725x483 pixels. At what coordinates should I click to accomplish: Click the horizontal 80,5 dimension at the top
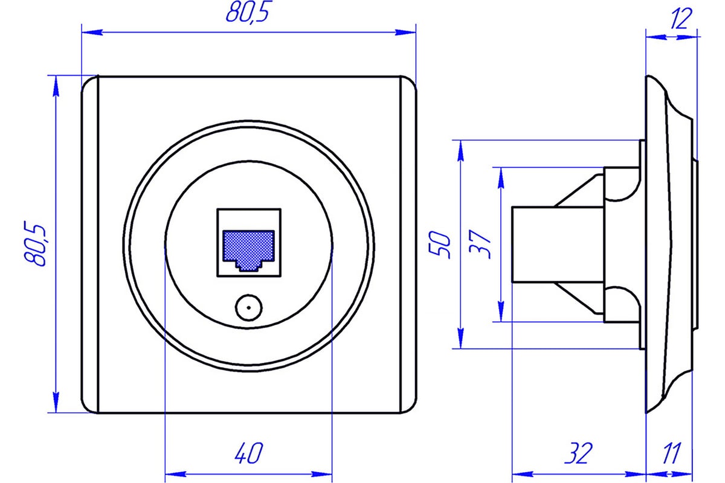click(x=247, y=12)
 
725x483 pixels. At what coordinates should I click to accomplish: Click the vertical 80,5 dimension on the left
click(x=35, y=243)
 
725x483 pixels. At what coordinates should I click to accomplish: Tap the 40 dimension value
click(x=248, y=453)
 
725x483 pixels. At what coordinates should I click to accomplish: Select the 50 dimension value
click(x=439, y=245)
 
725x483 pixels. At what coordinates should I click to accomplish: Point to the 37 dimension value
click(x=480, y=245)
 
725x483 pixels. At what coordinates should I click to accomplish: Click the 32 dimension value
click(x=579, y=453)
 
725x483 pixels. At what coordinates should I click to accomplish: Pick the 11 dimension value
click(x=672, y=453)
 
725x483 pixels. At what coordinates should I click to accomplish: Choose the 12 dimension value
click(x=681, y=19)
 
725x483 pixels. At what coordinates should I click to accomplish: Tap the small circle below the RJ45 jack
click(x=248, y=308)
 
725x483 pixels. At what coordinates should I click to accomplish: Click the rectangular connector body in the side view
click(x=558, y=245)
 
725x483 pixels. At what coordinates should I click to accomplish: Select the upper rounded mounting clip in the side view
click(x=622, y=184)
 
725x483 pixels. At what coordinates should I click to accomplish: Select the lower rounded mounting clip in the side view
click(x=622, y=304)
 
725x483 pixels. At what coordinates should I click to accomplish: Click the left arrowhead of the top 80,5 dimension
click(x=92, y=33)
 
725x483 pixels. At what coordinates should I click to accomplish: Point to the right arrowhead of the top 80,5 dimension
click(x=405, y=33)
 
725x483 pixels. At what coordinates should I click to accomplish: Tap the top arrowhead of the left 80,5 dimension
click(x=56, y=86)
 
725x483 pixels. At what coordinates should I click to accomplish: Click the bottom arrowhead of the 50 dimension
click(x=460, y=338)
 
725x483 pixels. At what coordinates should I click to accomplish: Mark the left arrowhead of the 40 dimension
click(x=176, y=475)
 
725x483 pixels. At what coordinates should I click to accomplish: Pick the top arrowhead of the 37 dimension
click(x=501, y=178)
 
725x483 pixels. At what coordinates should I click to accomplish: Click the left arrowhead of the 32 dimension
click(x=523, y=475)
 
